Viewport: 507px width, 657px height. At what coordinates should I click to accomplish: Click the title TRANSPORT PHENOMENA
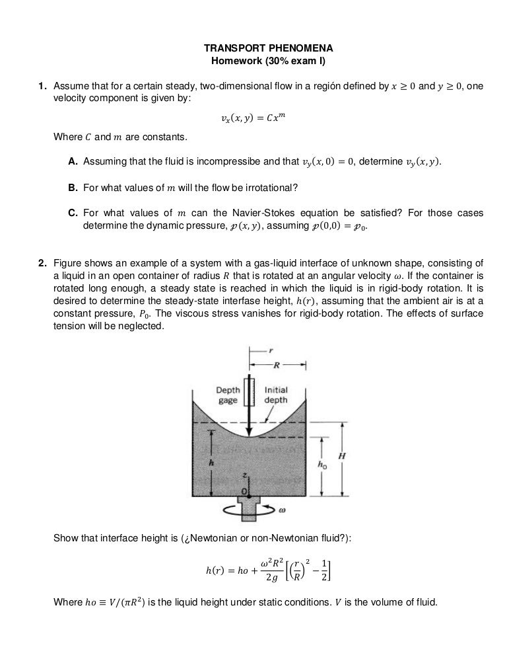click(254, 49)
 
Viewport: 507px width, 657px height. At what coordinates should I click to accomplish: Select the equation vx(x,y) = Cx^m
click(254, 119)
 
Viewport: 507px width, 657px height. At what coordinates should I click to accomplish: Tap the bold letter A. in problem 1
click(74, 162)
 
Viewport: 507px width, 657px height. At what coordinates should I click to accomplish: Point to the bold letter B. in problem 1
click(74, 188)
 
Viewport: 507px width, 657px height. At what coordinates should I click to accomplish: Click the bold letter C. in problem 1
click(74, 213)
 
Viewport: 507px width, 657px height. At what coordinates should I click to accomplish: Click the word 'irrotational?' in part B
click(271, 188)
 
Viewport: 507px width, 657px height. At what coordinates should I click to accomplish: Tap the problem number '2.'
click(42, 263)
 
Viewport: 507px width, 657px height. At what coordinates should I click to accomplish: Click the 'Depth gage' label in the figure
click(228, 395)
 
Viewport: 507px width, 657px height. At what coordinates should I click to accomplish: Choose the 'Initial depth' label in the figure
click(276, 395)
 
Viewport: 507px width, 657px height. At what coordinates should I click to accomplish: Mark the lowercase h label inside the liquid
click(211, 463)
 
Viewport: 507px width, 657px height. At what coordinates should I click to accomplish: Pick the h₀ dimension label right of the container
click(322, 465)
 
